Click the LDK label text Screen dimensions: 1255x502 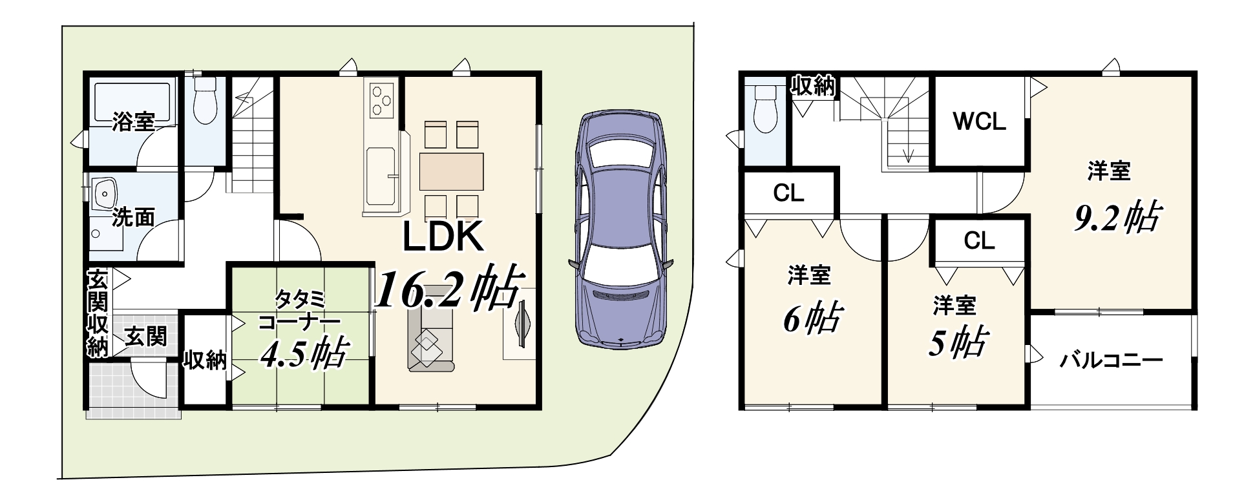[443, 237]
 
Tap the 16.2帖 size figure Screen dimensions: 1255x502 [448, 288]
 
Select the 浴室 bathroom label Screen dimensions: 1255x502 [133, 121]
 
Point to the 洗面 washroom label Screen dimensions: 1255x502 [133, 217]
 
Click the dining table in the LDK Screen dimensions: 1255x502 [452, 172]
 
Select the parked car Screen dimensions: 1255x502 [620, 229]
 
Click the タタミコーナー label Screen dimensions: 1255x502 [299, 311]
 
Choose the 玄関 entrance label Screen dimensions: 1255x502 [146, 336]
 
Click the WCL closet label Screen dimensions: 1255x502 [980, 122]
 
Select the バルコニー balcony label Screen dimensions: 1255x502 [1111, 360]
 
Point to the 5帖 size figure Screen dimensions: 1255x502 [957, 342]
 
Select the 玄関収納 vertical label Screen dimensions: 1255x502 [97, 313]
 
